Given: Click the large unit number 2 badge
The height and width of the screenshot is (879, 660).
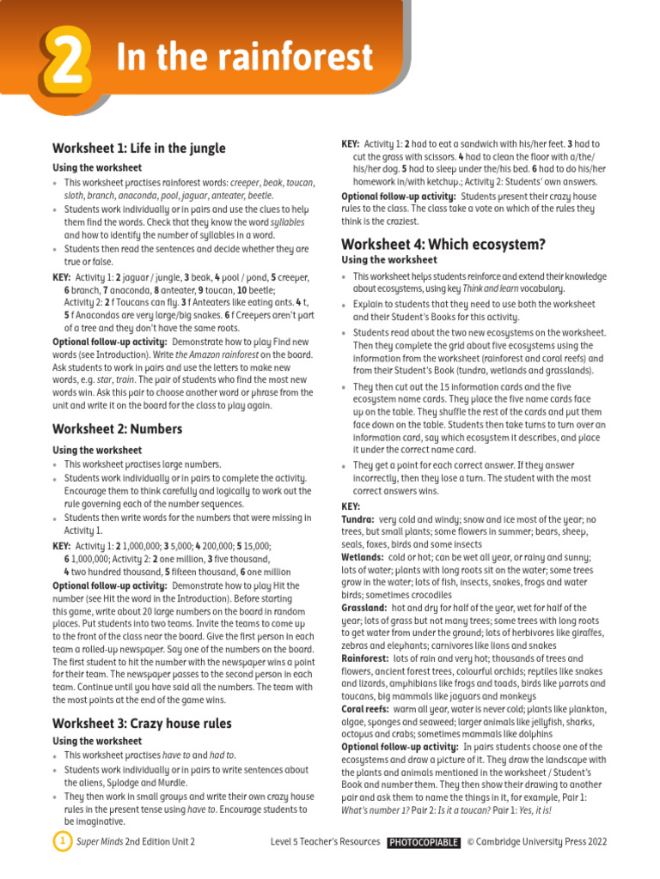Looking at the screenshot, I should point(63,58).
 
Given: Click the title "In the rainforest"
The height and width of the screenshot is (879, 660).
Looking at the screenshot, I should point(245,58).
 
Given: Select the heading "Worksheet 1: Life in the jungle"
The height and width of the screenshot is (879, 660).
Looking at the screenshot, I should point(139,149).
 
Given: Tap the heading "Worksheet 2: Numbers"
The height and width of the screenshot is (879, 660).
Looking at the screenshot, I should point(118,428).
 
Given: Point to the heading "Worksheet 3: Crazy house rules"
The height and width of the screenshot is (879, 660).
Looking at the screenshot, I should point(142,723).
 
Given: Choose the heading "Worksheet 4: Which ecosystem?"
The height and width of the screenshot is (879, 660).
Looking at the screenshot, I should point(443,244).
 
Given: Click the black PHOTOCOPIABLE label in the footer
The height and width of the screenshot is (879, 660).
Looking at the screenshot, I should point(423,842).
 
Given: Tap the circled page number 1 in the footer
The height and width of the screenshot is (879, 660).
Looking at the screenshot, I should point(61,841).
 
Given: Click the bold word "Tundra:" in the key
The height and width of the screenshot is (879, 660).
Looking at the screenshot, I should point(357,520).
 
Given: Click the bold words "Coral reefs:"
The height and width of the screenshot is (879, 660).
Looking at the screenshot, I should point(366,709).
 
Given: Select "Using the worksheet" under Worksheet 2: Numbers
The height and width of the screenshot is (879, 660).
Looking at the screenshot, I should point(97,450).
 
